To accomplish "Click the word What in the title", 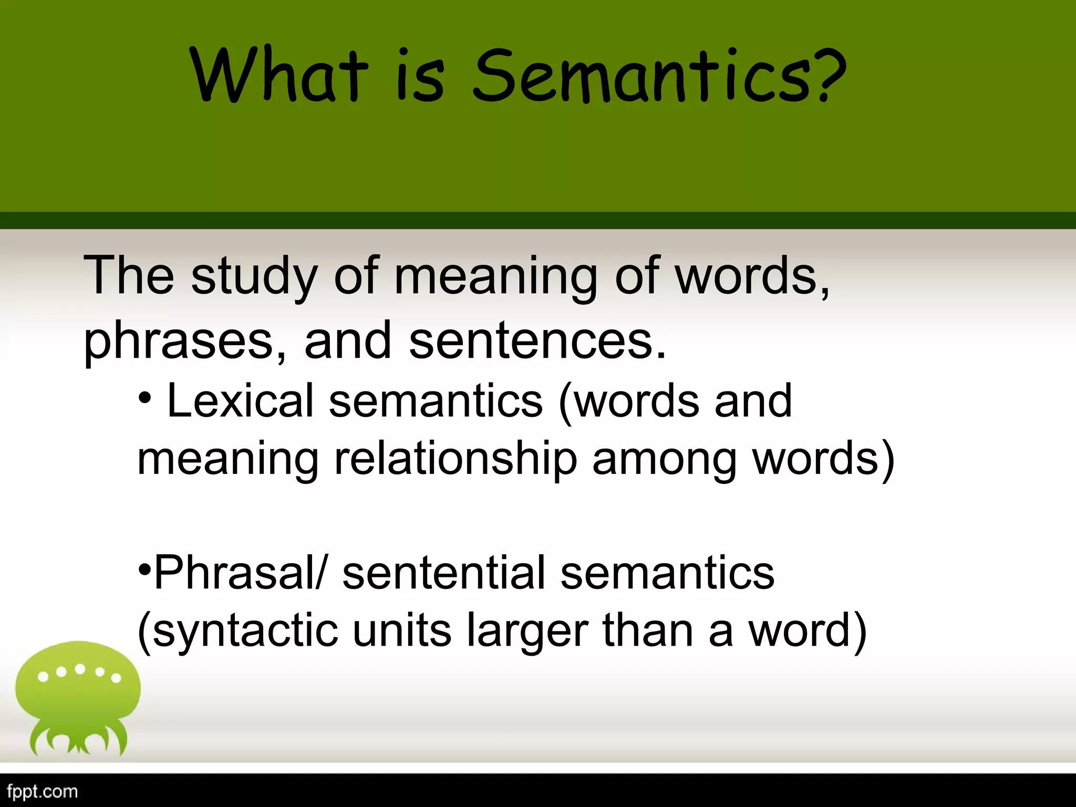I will [x=278, y=76].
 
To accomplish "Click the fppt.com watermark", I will [x=43, y=792].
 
